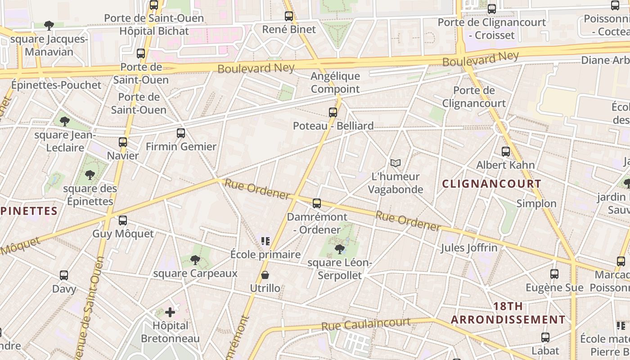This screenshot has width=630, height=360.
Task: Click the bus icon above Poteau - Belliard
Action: tap(333, 112)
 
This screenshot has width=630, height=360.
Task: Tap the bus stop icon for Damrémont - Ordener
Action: tap(317, 203)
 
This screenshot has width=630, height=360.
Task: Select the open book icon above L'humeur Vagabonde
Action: tap(396, 163)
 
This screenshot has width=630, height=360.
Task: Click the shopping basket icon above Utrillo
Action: tap(265, 275)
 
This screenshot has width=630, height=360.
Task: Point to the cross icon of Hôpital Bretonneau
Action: tap(170, 312)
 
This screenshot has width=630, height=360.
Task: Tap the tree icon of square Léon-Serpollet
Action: tap(340, 249)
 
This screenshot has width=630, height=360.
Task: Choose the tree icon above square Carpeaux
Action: tap(195, 260)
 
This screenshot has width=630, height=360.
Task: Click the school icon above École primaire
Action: tap(265, 241)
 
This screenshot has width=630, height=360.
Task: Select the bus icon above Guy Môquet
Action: tap(123, 220)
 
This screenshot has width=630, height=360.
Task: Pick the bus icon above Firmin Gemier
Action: tap(181, 133)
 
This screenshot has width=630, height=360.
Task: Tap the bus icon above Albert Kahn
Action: tap(506, 152)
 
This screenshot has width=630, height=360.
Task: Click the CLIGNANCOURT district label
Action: tap(491, 184)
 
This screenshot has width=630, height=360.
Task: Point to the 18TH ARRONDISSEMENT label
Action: tap(508, 313)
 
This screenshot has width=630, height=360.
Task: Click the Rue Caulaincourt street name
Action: tap(366, 324)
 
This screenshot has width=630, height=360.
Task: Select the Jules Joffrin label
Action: tap(469, 247)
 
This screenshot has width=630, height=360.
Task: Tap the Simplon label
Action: tap(536, 203)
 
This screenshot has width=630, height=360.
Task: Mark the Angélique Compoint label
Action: tap(335, 83)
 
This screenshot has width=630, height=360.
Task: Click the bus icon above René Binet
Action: tap(289, 16)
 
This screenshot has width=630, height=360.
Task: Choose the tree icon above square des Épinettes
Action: tap(90, 175)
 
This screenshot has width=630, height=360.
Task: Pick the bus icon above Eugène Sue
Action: tap(554, 274)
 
